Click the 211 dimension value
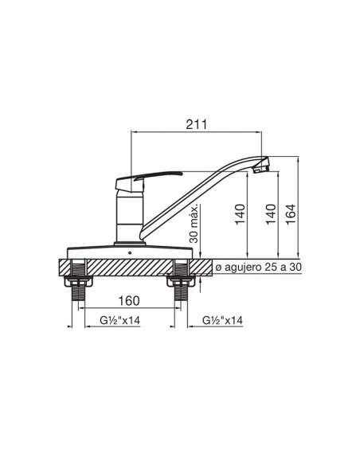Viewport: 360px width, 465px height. coord(196,124)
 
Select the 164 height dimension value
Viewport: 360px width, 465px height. coord(291,214)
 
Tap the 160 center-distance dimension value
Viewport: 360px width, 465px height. coord(129,301)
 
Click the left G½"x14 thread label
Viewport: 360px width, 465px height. coord(120,320)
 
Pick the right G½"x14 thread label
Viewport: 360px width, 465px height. coord(222,320)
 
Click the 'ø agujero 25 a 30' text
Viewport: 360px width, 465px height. coord(258,268)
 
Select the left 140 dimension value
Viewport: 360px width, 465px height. coord(241,214)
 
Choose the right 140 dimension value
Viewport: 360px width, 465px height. coord(271,214)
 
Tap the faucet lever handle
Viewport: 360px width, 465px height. coord(145,179)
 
